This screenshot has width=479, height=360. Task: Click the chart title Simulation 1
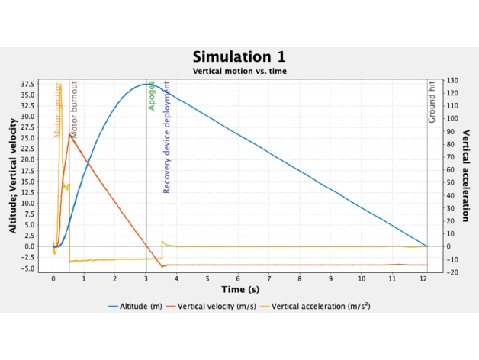coord(239,57)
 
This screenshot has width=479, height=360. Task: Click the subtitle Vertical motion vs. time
coord(239,71)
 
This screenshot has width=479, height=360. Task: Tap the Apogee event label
coord(152,95)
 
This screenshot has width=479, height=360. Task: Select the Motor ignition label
coord(57,110)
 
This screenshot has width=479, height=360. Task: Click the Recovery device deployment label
coord(166,137)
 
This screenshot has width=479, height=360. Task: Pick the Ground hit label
coord(432,102)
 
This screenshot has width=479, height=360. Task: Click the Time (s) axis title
coord(239,290)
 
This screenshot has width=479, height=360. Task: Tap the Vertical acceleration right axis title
coord(465,175)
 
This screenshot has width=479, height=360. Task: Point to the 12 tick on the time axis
coord(423,279)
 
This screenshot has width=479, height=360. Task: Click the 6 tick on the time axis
coord(238,279)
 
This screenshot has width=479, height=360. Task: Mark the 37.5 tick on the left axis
coord(27,84)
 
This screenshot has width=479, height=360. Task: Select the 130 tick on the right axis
coord(453,80)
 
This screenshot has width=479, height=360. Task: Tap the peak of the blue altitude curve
coord(145,85)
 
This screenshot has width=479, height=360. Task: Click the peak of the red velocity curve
coord(70,135)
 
